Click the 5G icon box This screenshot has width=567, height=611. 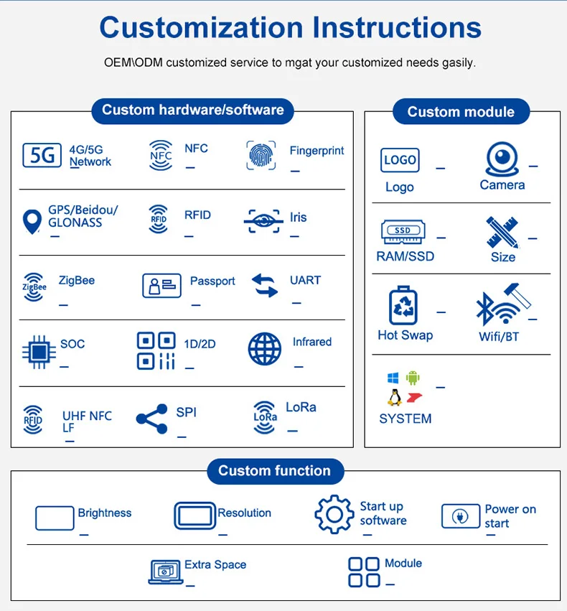pos(42,155)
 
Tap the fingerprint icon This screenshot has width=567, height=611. pos(261,155)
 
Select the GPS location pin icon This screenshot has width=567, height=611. pos(32,221)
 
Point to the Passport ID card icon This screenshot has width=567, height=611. pos(161,285)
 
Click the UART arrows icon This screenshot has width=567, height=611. pos(265,285)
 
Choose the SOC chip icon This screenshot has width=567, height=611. pos(38,351)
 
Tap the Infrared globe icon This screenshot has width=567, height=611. pos(265,350)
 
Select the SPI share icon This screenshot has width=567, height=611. pos(151,419)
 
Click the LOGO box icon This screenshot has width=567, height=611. pos(400,160)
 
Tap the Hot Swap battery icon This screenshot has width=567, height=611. pos(403,306)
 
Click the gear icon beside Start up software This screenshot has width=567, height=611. pos(334,514)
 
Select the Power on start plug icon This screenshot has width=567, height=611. pos(460,516)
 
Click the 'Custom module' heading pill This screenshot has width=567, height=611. pos(461,111)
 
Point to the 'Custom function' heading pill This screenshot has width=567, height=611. pos(275,471)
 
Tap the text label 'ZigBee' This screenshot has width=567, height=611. pos(77,281)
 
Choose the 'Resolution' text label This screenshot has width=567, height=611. pos(245,513)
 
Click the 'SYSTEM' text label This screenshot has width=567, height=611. pos(406,419)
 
